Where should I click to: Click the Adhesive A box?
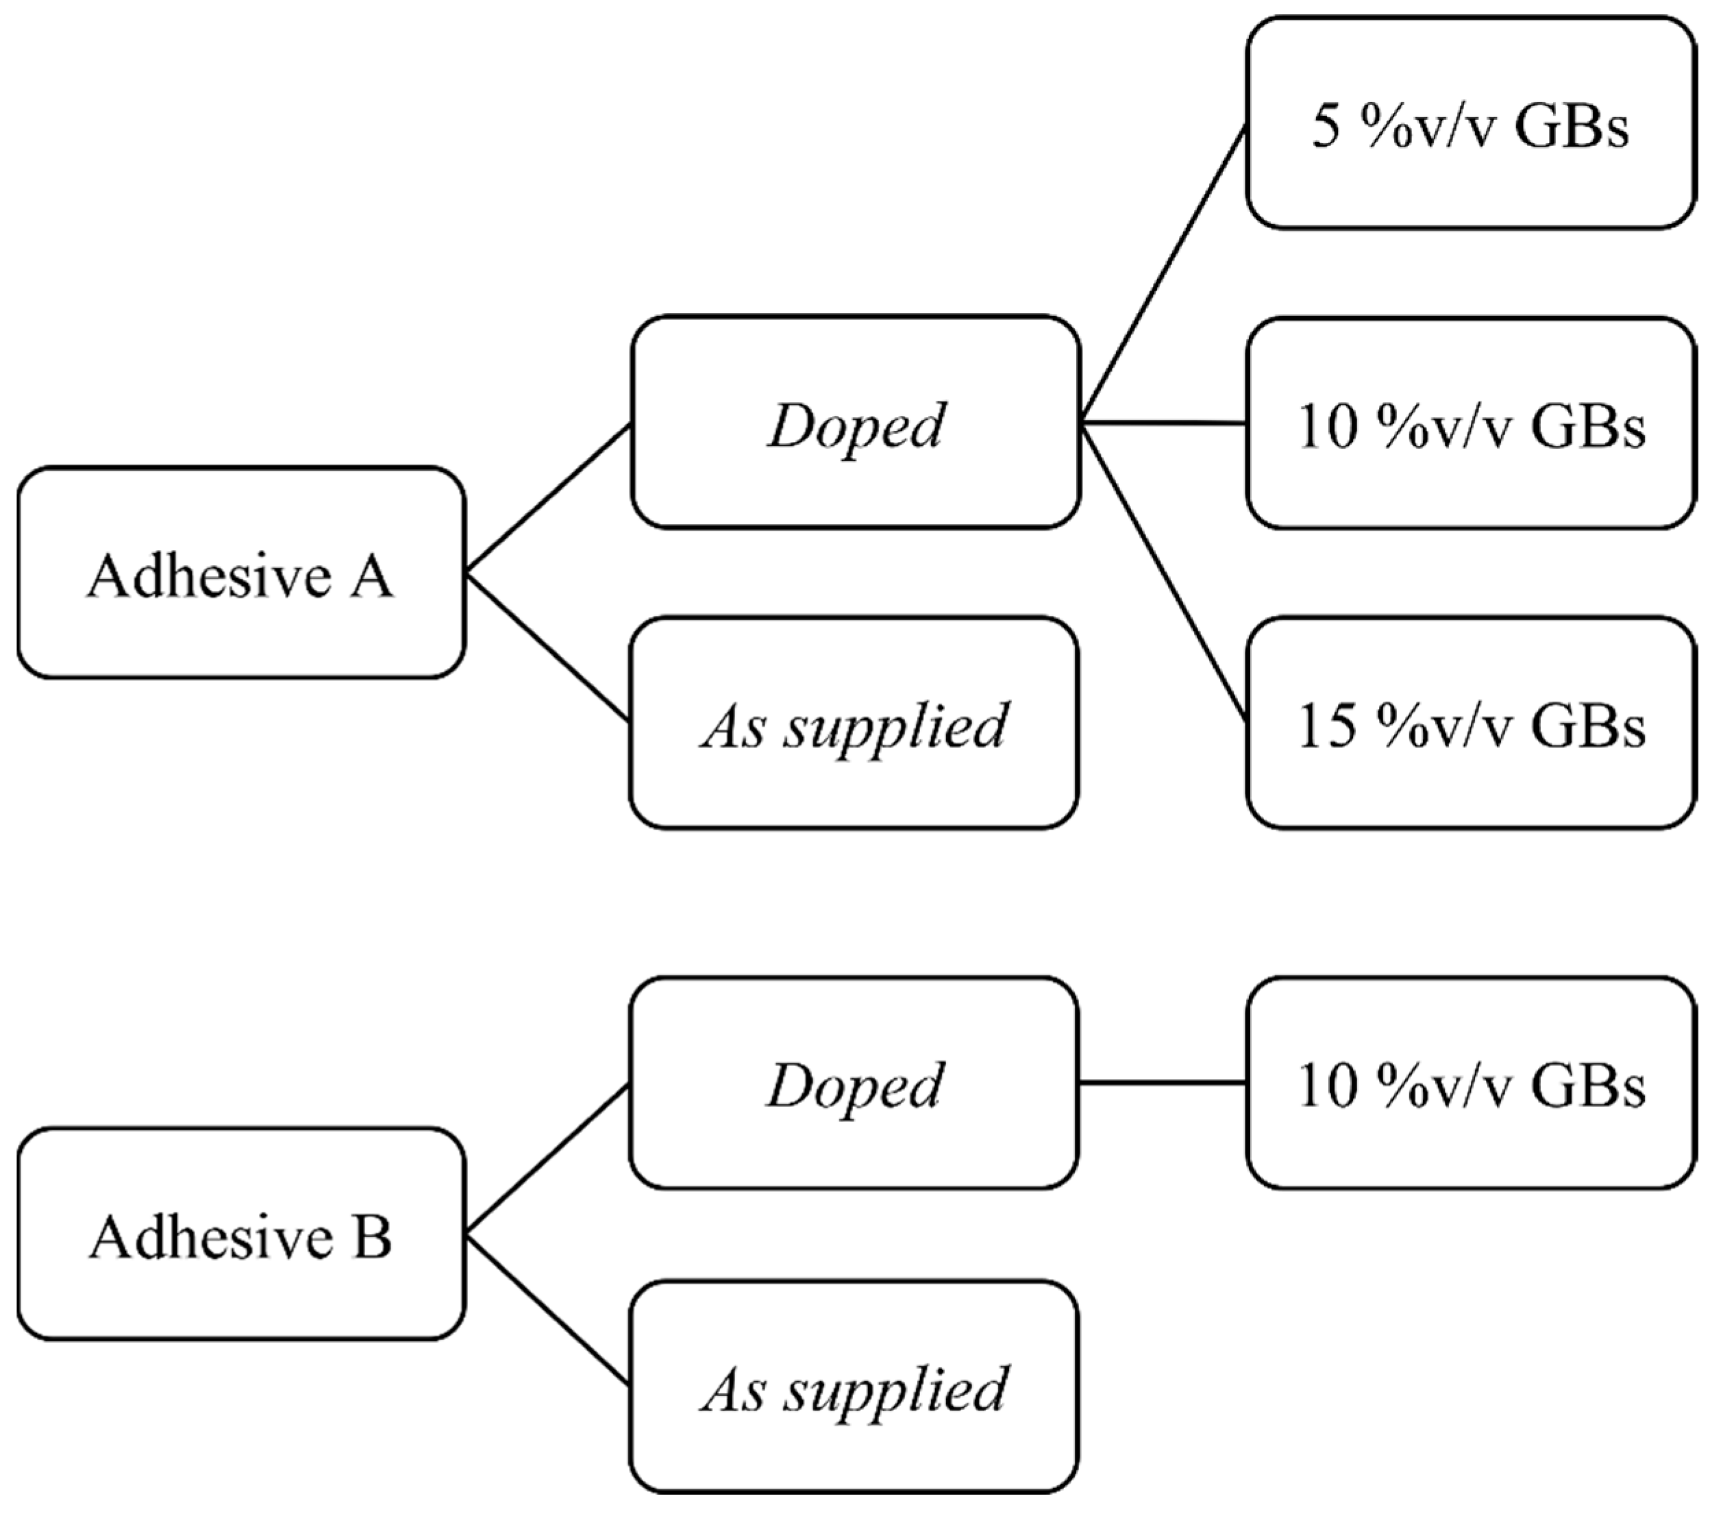(241, 573)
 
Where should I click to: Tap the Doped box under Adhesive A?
(855, 422)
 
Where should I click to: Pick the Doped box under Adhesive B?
(854, 1082)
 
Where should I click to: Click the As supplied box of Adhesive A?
(854, 723)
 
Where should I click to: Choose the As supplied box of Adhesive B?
(854, 1387)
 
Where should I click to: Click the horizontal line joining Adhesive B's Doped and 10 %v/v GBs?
(1163, 1082)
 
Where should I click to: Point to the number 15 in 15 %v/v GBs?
(1327, 725)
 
